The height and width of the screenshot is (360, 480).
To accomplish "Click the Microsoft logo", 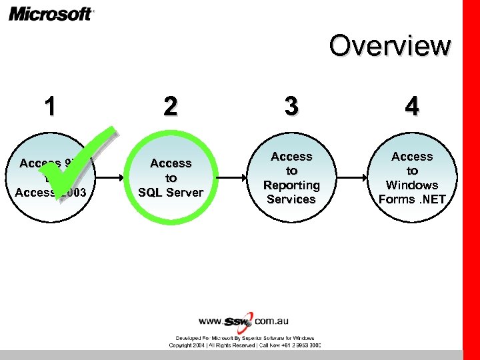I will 51,13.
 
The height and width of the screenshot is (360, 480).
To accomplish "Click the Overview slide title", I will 390,45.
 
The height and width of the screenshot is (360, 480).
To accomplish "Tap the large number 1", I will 49,107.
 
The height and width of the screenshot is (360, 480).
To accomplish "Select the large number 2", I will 171,107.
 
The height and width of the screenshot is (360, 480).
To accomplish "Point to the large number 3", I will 291,107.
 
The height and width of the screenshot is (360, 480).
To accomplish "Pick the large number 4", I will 412,107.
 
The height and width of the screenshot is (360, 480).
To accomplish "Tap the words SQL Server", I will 171,193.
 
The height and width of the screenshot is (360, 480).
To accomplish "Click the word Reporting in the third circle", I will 291,185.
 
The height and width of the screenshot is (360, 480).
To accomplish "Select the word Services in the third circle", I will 291,199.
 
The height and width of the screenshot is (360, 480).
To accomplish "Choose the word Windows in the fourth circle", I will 412,185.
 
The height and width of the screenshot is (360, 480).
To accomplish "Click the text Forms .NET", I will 412,199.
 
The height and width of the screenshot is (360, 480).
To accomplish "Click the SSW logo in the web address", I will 239,321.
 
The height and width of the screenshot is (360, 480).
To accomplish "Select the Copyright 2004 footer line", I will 244,345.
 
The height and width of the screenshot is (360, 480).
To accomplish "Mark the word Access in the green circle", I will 171,163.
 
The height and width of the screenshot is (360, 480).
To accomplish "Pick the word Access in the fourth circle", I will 412,157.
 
